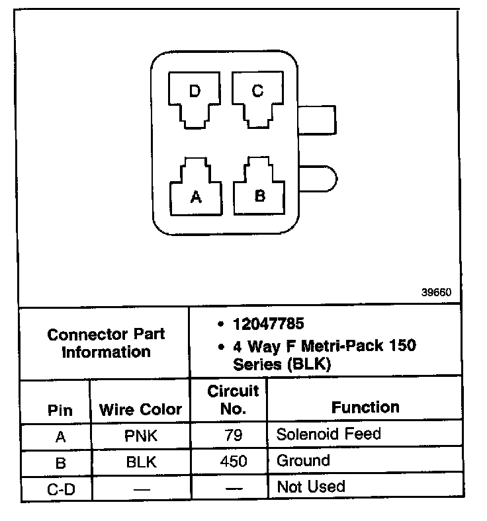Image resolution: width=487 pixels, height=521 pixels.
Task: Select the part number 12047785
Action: [x=268, y=324]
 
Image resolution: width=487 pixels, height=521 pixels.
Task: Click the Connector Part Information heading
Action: [x=106, y=343]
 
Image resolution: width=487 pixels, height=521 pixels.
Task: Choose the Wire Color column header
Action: [x=140, y=409]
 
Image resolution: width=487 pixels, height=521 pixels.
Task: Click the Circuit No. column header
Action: [x=233, y=399]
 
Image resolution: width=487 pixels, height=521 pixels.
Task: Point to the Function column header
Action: [x=365, y=407]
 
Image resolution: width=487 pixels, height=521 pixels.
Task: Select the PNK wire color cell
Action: [x=140, y=436]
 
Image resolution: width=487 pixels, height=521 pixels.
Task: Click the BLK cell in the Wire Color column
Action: [x=140, y=462]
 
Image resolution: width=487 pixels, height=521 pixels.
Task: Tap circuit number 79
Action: [x=233, y=436]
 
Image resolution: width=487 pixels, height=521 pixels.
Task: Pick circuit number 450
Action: [x=233, y=461]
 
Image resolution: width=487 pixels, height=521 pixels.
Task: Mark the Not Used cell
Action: [x=311, y=487]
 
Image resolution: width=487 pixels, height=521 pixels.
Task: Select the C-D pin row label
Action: [x=60, y=489]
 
